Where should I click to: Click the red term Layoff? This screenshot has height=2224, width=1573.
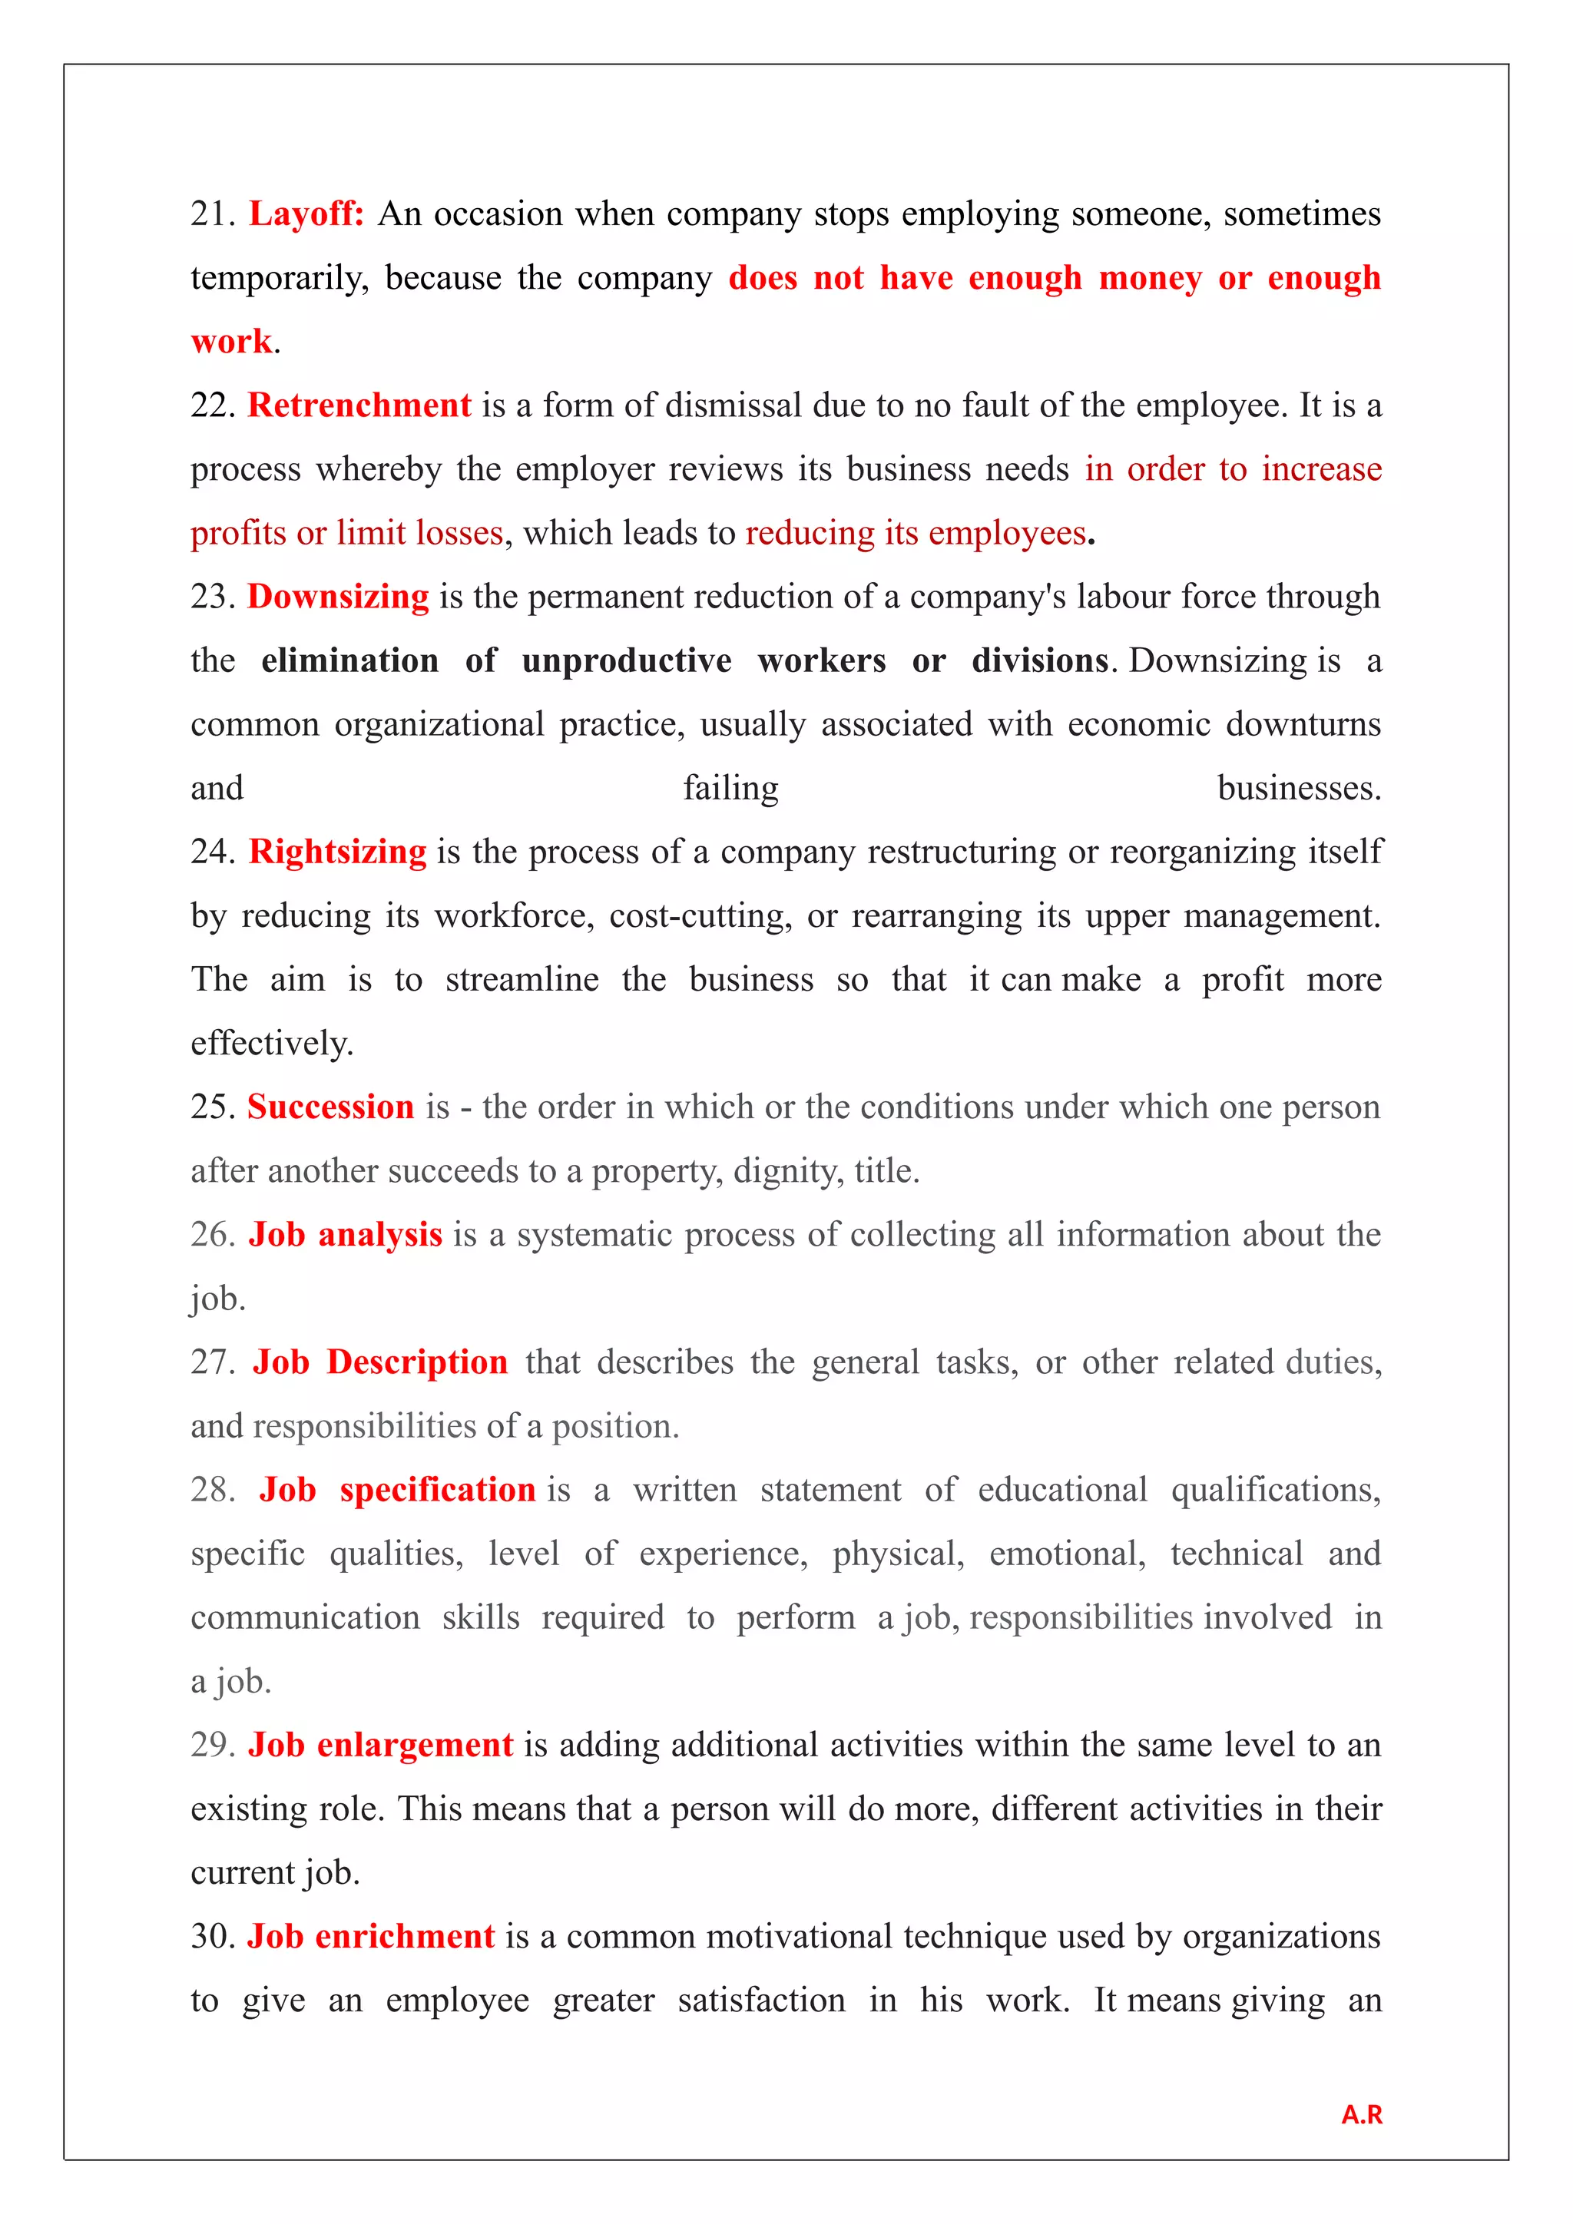[306, 214]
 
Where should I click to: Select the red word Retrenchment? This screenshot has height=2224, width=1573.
[359, 405]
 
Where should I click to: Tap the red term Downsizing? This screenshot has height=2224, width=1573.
[338, 597]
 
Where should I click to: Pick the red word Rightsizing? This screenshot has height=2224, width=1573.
[337, 852]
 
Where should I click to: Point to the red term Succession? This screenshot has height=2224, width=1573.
[330, 1107]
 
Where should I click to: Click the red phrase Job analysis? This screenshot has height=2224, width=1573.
[345, 1235]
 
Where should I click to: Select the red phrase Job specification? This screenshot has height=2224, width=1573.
[397, 1490]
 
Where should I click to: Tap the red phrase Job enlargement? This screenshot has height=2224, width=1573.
[379, 1745]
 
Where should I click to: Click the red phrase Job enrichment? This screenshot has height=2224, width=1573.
[371, 1936]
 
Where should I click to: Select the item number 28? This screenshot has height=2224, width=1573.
[212, 1490]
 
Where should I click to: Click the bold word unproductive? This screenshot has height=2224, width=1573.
[627, 660]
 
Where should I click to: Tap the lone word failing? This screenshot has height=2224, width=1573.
[730, 789]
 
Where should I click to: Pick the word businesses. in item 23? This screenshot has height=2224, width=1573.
[1298, 789]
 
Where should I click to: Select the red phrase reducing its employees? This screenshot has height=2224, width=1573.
[916, 534]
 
